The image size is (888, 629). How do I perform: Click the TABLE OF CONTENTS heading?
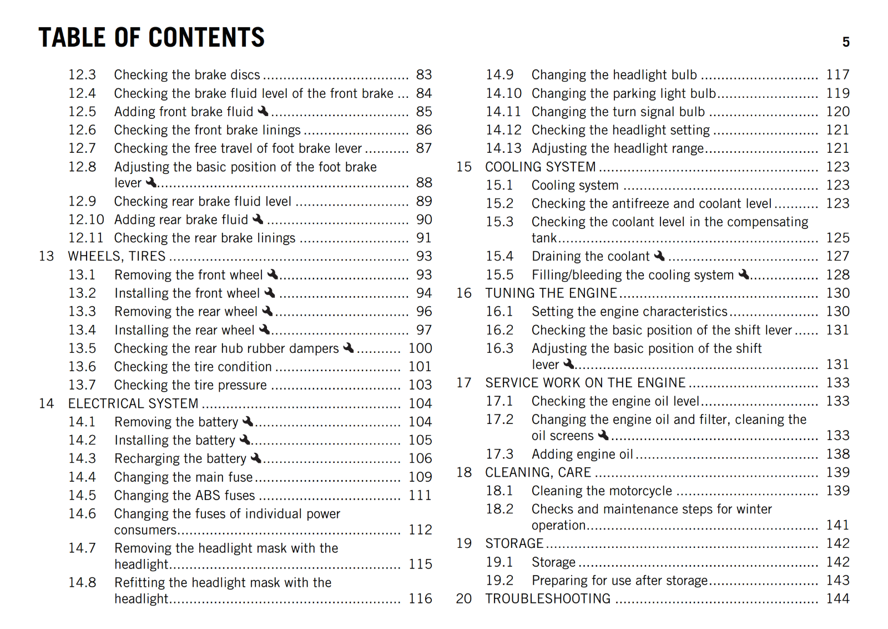(x=152, y=38)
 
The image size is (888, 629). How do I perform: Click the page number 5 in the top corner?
(x=846, y=42)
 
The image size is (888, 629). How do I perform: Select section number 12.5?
(x=82, y=112)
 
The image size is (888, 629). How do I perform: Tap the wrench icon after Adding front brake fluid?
(x=263, y=111)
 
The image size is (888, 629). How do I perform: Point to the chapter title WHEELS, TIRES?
(x=117, y=256)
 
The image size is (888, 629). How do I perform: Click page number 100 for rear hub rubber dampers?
(x=420, y=348)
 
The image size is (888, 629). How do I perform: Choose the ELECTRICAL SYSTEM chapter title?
(x=133, y=403)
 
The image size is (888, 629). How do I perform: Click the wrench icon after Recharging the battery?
(x=256, y=458)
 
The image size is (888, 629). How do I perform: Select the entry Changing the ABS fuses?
(x=184, y=495)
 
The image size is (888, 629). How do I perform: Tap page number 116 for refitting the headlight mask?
(x=420, y=599)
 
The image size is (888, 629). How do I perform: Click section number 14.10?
(x=503, y=93)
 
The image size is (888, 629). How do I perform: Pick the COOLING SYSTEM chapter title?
(x=540, y=167)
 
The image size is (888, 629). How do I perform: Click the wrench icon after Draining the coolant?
(x=659, y=256)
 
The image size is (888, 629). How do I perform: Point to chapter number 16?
(x=464, y=293)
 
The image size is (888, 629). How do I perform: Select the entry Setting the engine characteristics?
(x=629, y=312)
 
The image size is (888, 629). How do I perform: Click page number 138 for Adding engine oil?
(x=837, y=454)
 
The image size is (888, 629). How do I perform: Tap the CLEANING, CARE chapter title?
(x=538, y=472)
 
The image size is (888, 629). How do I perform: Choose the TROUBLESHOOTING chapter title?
(x=548, y=598)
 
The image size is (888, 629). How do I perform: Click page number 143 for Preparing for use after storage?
(x=837, y=580)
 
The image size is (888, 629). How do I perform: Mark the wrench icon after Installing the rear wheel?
(x=265, y=330)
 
